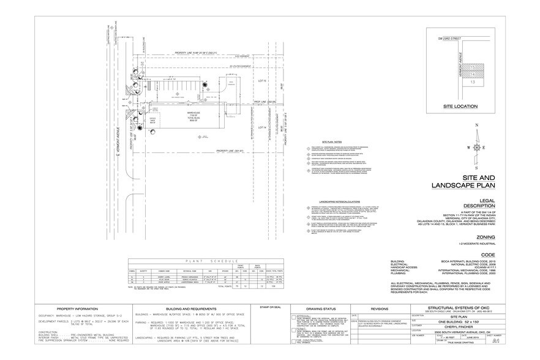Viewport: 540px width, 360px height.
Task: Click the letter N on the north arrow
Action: click(x=475, y=127)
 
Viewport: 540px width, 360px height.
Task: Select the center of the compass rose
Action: click(x=475, y=148)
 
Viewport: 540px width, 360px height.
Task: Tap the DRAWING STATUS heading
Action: click(x=317, y=310)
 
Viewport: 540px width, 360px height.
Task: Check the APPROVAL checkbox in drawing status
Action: click(x=292, y=317)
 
